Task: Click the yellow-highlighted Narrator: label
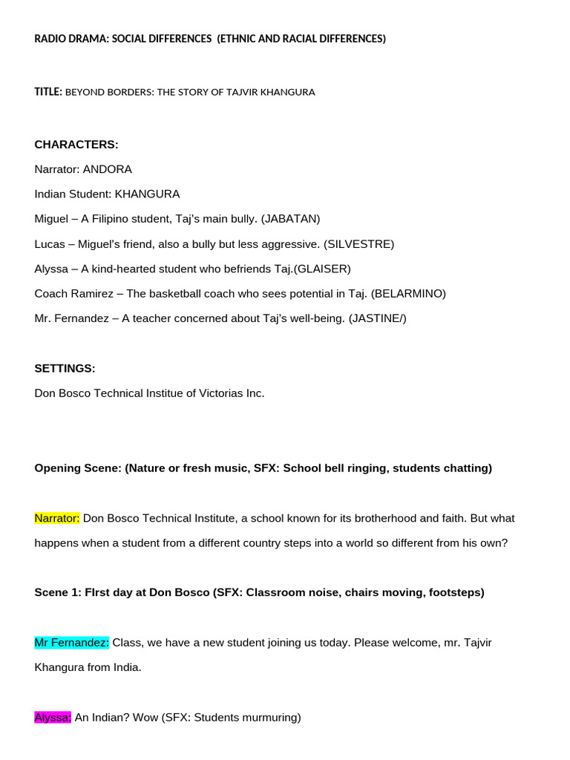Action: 57,518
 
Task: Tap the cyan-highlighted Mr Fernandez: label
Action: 72,642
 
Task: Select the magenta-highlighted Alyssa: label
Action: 53,717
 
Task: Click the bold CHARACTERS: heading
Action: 76,144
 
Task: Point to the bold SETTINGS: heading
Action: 65,368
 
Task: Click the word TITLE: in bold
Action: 48,92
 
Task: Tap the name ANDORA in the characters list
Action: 108,169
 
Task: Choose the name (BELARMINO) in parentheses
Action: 408,293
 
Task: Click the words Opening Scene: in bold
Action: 78,468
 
